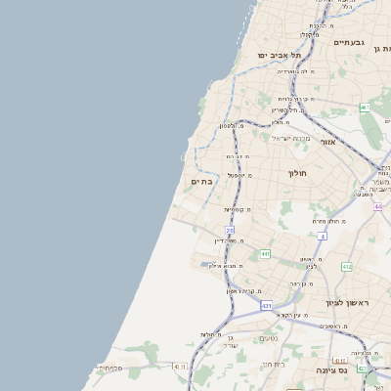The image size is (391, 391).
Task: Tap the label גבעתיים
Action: coord(348,43)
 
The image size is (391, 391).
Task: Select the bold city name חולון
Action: coord(297,173)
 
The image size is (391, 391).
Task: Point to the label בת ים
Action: coord(200,182)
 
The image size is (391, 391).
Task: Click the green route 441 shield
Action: coord(265,254)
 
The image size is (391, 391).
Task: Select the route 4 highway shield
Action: coord(322,236)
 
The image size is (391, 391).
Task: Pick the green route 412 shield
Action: coord(346,266)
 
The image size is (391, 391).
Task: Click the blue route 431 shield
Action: coord(267,306)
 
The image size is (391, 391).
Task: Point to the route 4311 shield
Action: coord(178,365)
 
